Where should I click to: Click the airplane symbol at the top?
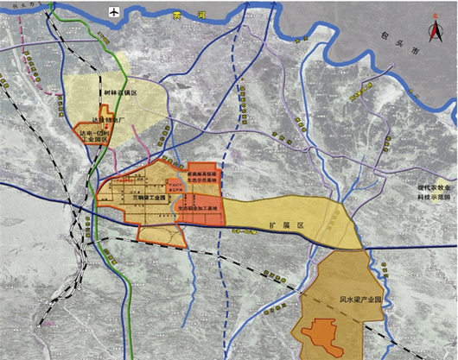coord(112,10)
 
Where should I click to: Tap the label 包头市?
coord(424,65)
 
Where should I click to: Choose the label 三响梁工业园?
coord(138,198)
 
